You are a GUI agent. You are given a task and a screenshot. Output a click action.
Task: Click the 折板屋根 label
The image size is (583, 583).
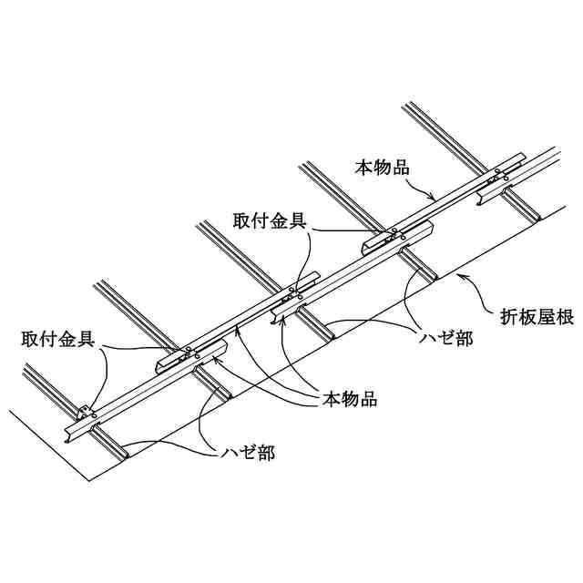coord(536,318)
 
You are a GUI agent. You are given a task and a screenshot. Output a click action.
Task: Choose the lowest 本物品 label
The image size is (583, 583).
coord(350,399)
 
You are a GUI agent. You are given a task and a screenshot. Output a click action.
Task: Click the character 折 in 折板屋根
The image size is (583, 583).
coord(508,318)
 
